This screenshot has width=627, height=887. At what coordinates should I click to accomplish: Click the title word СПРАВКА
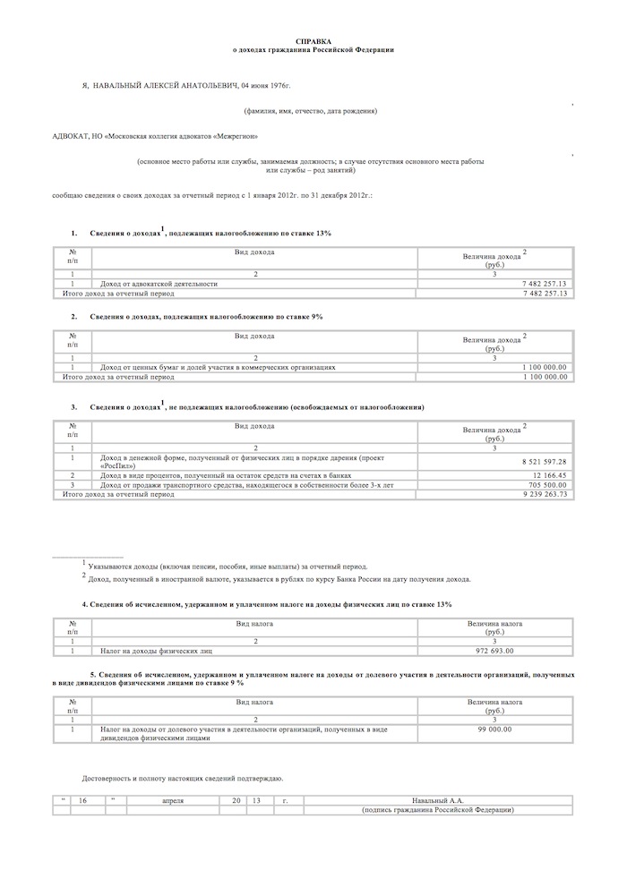[313, 41]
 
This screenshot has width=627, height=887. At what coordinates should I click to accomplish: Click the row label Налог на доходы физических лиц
[156, 651]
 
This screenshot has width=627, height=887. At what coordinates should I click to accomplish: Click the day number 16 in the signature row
[82, 800]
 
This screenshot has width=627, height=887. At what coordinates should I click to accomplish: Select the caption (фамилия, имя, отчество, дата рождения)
[309, 111]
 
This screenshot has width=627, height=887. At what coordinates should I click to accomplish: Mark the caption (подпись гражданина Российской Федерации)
[437, 810]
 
